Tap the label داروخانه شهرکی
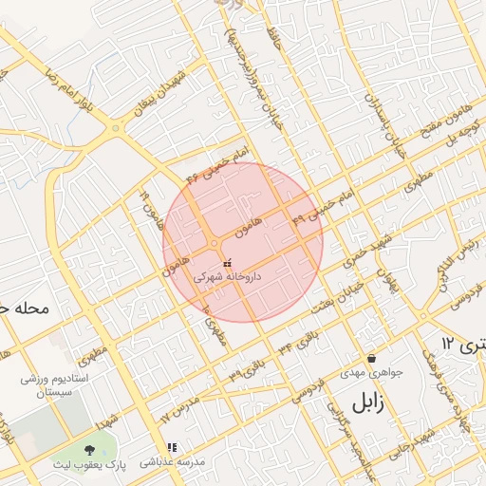pyautogui.click(x=227, y=278)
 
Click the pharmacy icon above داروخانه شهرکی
pyautogui.click(x=226, y=264)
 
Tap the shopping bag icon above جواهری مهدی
pyautogui.click(x=370, y=358)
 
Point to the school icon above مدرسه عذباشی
pyautogui.click(x=172, y=447)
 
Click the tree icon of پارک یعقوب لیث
pyautogui.click(x=89, y=449)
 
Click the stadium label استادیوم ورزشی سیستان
pyautogui.click(x=55, y=384)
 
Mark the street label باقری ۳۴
pyautogui.click(x=298, y=339)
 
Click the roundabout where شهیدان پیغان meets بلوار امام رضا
pyautogui.click(x=116, y=126)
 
